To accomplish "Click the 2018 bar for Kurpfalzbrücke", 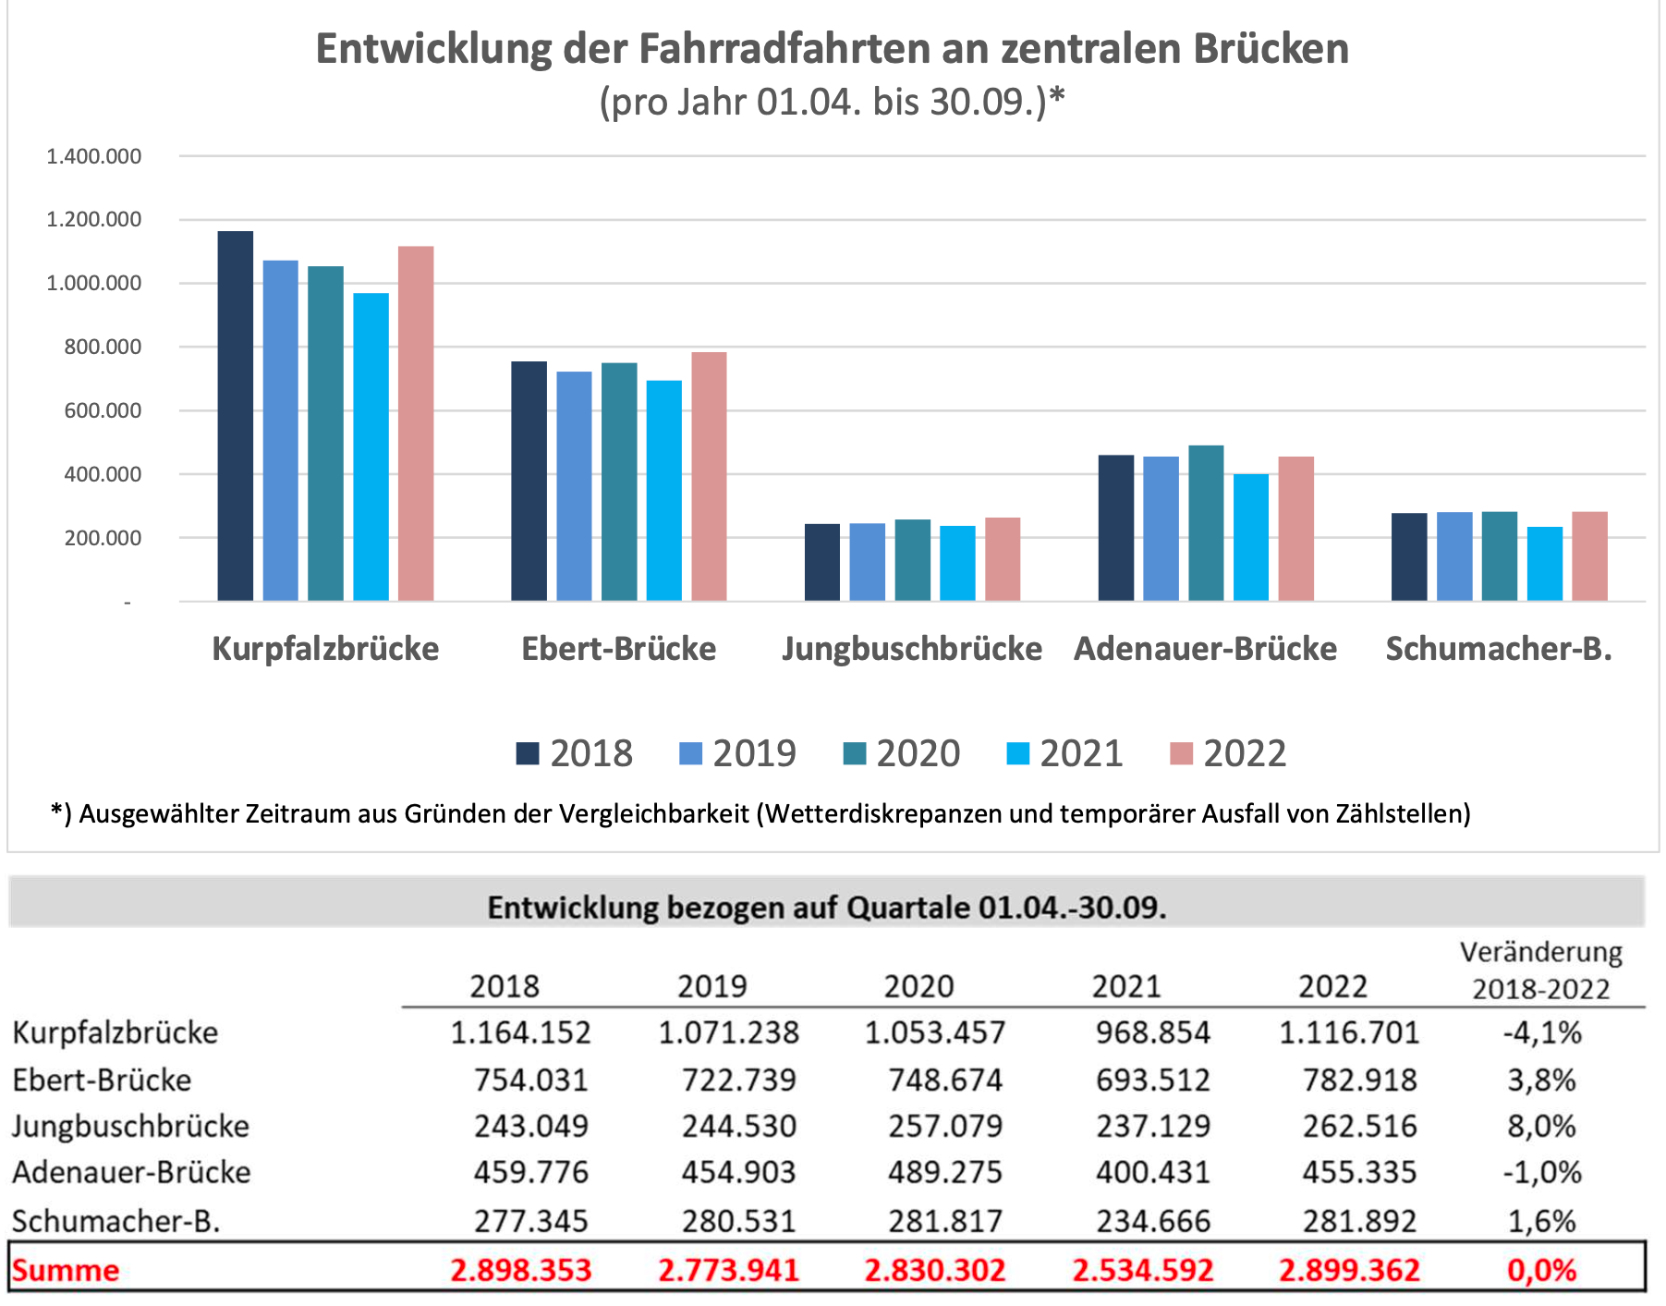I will pos(236,416).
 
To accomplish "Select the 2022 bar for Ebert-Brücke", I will pos(709,476).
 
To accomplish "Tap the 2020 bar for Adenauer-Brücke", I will pos(1206,523).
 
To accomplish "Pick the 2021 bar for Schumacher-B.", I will pos(1544,564).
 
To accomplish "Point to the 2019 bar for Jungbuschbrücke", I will pos(868,562).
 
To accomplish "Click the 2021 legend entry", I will pos(1064,753).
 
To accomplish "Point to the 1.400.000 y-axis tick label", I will pos(94,156).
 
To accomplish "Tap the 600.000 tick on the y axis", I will pos(103,410).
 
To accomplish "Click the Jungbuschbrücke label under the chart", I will pos(912,649).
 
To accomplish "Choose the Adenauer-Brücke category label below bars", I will pos(1205,649).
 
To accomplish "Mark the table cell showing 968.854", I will pos(1152,1031).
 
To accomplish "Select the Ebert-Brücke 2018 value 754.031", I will pos(530,1080).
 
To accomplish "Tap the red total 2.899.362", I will pos(1349,1270).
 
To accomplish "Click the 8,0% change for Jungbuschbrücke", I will pos(1541,1126).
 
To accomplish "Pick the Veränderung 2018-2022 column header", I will pos(1540,970).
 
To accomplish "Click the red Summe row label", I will pos(66,1270).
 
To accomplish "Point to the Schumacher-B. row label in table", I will pos(116,1221).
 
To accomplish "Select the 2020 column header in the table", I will pos(918,986).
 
